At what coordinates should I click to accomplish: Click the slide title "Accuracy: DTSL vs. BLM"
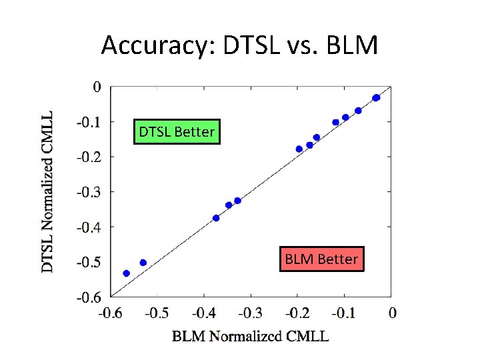240,45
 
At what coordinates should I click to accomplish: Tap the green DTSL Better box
177,132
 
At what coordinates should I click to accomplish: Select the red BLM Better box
321,259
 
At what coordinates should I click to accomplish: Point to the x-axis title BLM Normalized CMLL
250,336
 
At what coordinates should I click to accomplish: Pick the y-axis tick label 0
97,87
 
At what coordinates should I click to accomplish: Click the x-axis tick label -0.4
204,313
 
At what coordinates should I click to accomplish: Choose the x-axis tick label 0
392,313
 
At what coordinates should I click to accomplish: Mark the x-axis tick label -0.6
111,313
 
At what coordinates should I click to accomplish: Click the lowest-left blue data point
127,273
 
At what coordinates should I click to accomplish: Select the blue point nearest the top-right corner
376,98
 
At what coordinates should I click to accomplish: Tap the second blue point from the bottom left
143,263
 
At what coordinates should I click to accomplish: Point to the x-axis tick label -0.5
157,313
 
